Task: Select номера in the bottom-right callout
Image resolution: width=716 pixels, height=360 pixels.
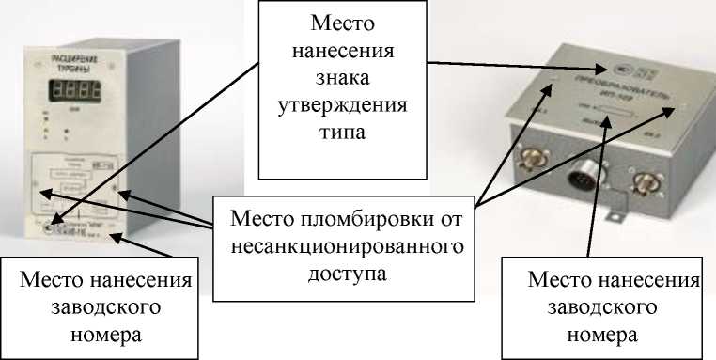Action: pyautogui.click(x=612, y=333)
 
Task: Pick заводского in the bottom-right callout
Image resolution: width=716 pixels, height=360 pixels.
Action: pyautogui.click(x=612, y=306)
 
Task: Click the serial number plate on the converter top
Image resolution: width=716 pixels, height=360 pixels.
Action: pyautogui.click(x=621, y=117)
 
